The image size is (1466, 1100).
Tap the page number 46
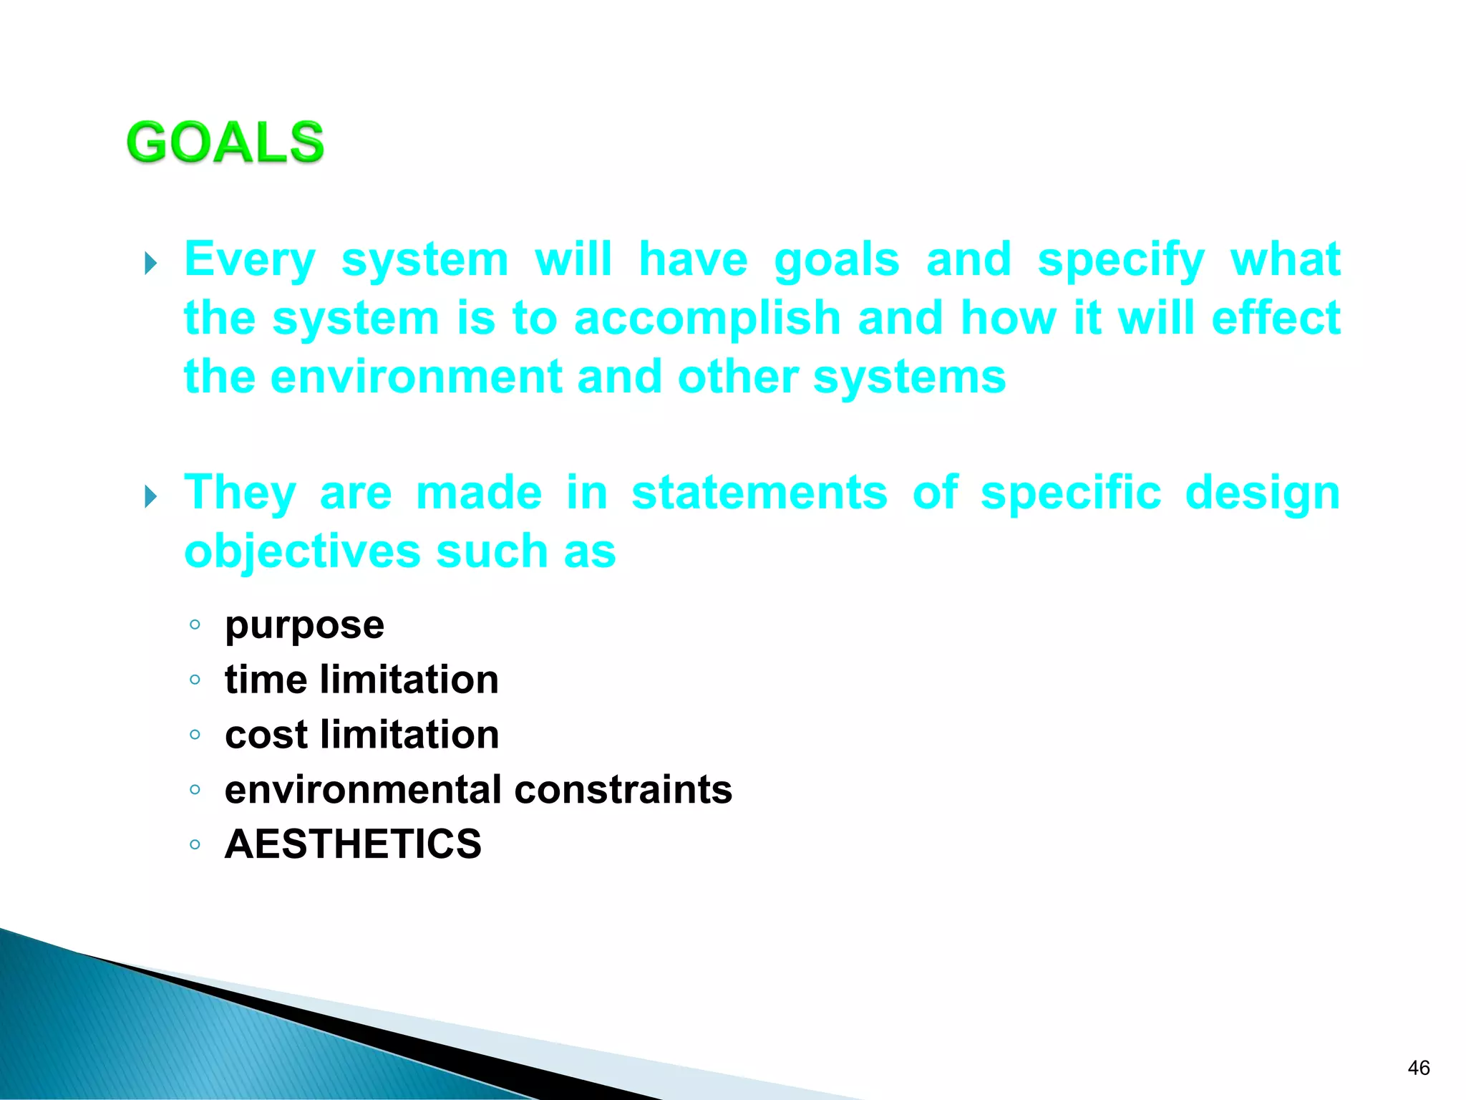[1418, 1068]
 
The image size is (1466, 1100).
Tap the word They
[240, 493]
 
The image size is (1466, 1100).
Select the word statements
[759, 493]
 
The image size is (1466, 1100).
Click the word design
[1262, 493]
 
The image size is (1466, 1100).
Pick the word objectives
[302, 551]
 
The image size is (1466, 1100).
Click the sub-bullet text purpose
[304, 626]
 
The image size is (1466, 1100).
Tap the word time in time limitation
[266, 680]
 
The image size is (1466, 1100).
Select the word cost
[266, 735]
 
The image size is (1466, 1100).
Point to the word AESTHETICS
[353, 844]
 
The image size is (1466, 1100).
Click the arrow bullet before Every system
[150, 263]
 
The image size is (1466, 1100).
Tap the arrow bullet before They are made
[150, 496]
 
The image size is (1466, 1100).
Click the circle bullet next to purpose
[195, 624]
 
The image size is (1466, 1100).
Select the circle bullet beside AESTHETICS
[195, 844]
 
